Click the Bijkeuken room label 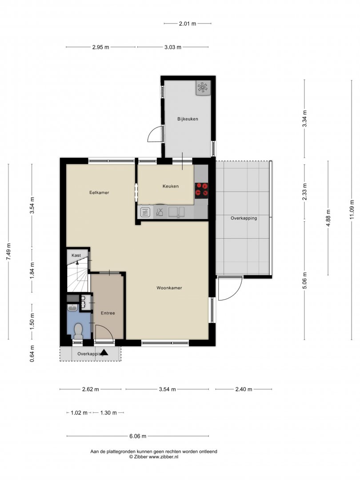(x=188, y=119)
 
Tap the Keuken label (x=171, y=186)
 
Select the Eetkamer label (x=99, y=192)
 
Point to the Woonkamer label (x=169, y=288)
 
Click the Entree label (x=108, y=313)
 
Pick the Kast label (x=76, y=255)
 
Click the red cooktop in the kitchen (x=201, y=189)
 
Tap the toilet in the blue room (x=78, y=331)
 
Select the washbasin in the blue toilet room (x=72, y=308)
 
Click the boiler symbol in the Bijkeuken (x=203, y=88)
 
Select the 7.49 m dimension (x=8, y=252)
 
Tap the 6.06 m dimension (x=138, y=436)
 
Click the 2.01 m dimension (x=188, y=23)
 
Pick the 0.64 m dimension (x=32, y=354)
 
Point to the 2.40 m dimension (x=244, y=389)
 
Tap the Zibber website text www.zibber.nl (x=164, y=457)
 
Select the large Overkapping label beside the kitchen (x=244, y=218)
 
